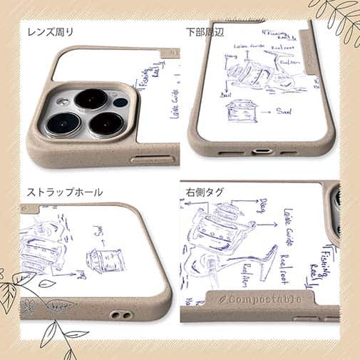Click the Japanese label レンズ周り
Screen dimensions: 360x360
click(50, 32)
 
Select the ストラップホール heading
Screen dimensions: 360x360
click(65, 192)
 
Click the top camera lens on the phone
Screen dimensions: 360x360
click(91, 99)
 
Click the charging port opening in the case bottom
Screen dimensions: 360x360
click(261, 152)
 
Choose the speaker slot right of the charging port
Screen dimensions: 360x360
click(288, 152)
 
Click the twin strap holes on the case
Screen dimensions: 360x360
click(118, 314)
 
